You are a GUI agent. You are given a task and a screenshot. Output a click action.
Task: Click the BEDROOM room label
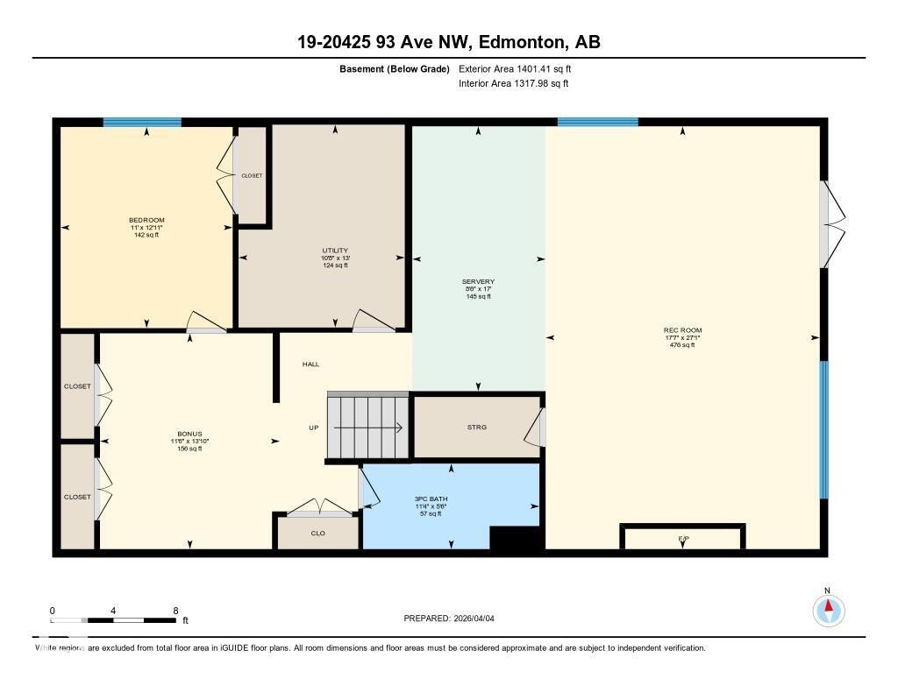[146, 220]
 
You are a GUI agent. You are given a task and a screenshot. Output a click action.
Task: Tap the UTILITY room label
[335, 251]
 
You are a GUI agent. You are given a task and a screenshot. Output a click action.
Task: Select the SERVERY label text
[479, 282]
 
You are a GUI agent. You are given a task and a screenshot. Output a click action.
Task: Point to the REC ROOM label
[682, 330]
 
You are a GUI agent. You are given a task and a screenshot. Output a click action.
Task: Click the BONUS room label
[189, 435]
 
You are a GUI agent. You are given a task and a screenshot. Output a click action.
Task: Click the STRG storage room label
[476, 428]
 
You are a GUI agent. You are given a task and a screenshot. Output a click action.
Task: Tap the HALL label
[311, 364]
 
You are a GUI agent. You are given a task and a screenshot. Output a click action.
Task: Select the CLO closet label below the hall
[317, 533]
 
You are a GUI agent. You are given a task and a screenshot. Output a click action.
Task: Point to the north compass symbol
[828, 609]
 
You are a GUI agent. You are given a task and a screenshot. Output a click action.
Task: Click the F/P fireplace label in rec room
[682, 538]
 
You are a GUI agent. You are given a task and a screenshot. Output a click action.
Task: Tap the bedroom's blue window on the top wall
[142, 123]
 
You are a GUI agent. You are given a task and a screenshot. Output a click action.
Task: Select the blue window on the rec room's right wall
[823, 429]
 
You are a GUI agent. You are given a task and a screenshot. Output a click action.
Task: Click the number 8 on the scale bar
[175, 611]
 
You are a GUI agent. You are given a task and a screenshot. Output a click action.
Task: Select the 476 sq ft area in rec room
[682, 345]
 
